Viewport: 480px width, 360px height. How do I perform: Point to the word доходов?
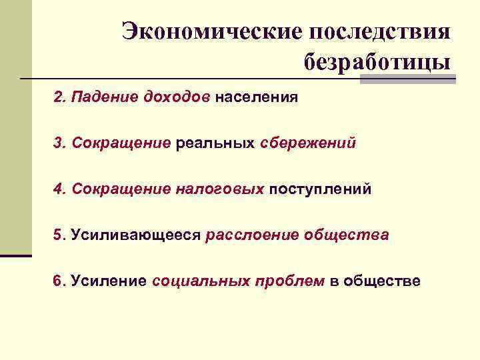pyautogui.click(x=177, y=97)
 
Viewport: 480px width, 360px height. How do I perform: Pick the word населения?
pyautogui.click(x=256, y=97)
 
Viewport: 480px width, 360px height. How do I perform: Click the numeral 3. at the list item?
pyautogui.click(x=59, y=143)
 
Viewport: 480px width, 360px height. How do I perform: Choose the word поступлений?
pyautogui.click(x=319, y=189)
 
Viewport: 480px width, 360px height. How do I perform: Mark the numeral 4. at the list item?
pyautogui.click(x=59, y=189)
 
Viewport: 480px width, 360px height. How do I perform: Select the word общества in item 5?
pyautogui.click(x=346, y=235)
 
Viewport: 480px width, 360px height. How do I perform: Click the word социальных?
pyautogui.click(x=199, y=281)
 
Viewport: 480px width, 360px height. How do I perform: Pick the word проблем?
pyautogui.click(x=289, y=281)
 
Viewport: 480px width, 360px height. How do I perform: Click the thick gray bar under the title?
pyautogui.click(x=408, y=79)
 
